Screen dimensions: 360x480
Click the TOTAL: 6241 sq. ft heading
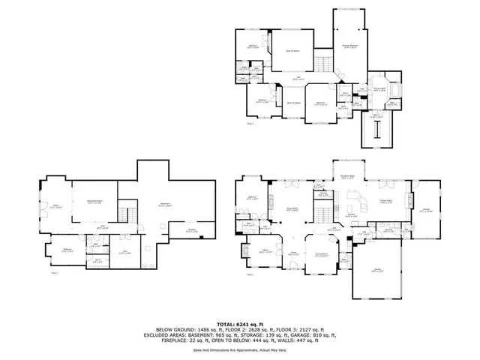pyautogui.click(x=240, y=323)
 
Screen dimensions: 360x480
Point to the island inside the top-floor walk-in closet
pyautogui.click(x=376, y=132)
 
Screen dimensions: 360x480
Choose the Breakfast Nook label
pyautogui.click(x=347, y=177)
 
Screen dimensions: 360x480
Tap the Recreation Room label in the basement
pyautogui.click(x=94, y=201)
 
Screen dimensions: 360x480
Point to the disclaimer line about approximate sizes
pyautogui.click(x=240, y=349)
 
